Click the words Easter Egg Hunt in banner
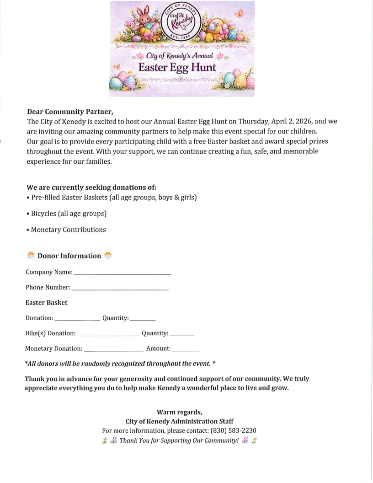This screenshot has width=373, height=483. click(177, 68)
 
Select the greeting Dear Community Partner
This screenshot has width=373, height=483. click(70, 112)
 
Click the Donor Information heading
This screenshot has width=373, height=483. click(69, 256)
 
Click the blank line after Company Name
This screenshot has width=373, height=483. click(122, 274)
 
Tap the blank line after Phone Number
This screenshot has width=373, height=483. click(120, 290)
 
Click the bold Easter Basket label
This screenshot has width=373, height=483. click(46, 303)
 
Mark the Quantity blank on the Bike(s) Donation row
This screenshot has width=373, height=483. click(182, 336)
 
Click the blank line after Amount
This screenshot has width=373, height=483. click(186, 350)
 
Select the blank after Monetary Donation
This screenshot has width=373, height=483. click(114, 350)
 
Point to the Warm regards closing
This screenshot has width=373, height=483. click(179, 412)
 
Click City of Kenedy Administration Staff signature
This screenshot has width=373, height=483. click(179, 421)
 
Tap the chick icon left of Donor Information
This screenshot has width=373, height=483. click(31, 256)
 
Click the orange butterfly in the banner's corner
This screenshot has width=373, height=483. click(239, 14)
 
